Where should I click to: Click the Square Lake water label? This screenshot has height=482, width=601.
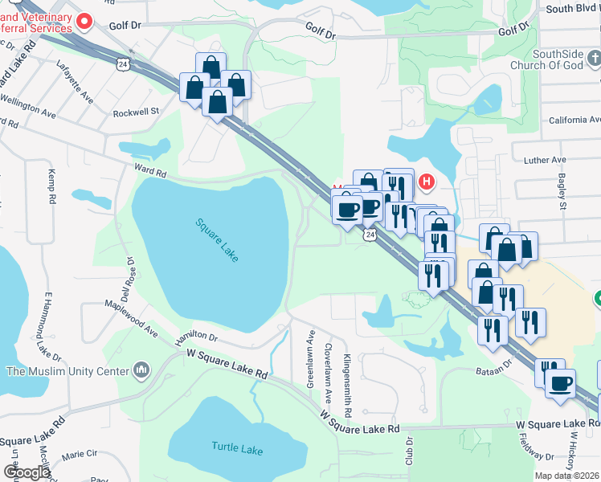[216, 240]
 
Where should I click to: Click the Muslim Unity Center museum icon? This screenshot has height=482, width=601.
[141, 370]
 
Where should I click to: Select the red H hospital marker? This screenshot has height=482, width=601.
[427, 183]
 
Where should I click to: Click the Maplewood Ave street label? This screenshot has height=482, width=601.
[131, 317]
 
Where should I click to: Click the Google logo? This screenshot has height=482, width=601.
[26, 472]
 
